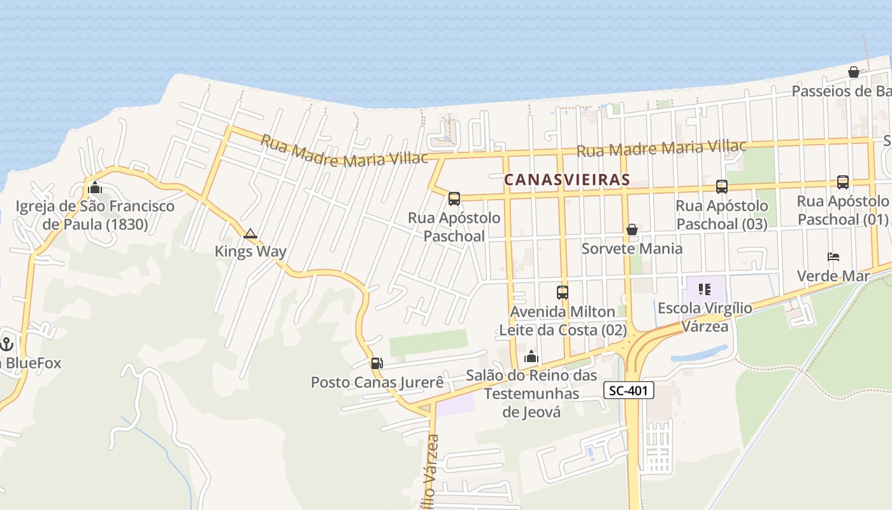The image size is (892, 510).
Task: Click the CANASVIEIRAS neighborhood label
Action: (x=566, y=180)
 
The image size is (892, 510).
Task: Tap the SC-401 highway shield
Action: (x=628, y=390)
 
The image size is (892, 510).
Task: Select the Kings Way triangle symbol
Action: (x=250, y=234)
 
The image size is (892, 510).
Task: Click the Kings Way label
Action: (x=250, y=251)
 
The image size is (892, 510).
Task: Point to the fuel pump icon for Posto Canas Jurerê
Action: (x=377, y=363)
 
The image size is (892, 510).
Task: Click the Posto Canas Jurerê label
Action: (x=377, y=382)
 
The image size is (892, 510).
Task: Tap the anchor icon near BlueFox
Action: (x=7, y=345)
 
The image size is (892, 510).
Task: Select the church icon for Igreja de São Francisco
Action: (x=95, y=187)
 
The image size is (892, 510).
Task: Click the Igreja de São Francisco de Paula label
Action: (x=95, y=215)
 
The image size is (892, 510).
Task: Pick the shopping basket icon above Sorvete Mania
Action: (x=632, y=229)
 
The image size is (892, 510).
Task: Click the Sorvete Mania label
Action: (x=632, y=248)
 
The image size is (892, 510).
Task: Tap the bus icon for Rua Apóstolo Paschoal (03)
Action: (x=721, y=187)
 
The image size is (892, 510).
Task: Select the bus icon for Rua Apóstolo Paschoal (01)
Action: (x=842, y=182)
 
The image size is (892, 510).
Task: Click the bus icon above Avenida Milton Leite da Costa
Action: (x=563, y=293)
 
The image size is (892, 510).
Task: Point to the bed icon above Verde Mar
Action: (x=833, y=257)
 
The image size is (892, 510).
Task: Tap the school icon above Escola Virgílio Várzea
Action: (x=704, y=289)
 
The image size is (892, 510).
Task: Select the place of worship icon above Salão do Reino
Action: (x=531, y=357)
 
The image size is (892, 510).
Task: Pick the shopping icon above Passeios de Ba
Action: (x=854, y=72)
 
